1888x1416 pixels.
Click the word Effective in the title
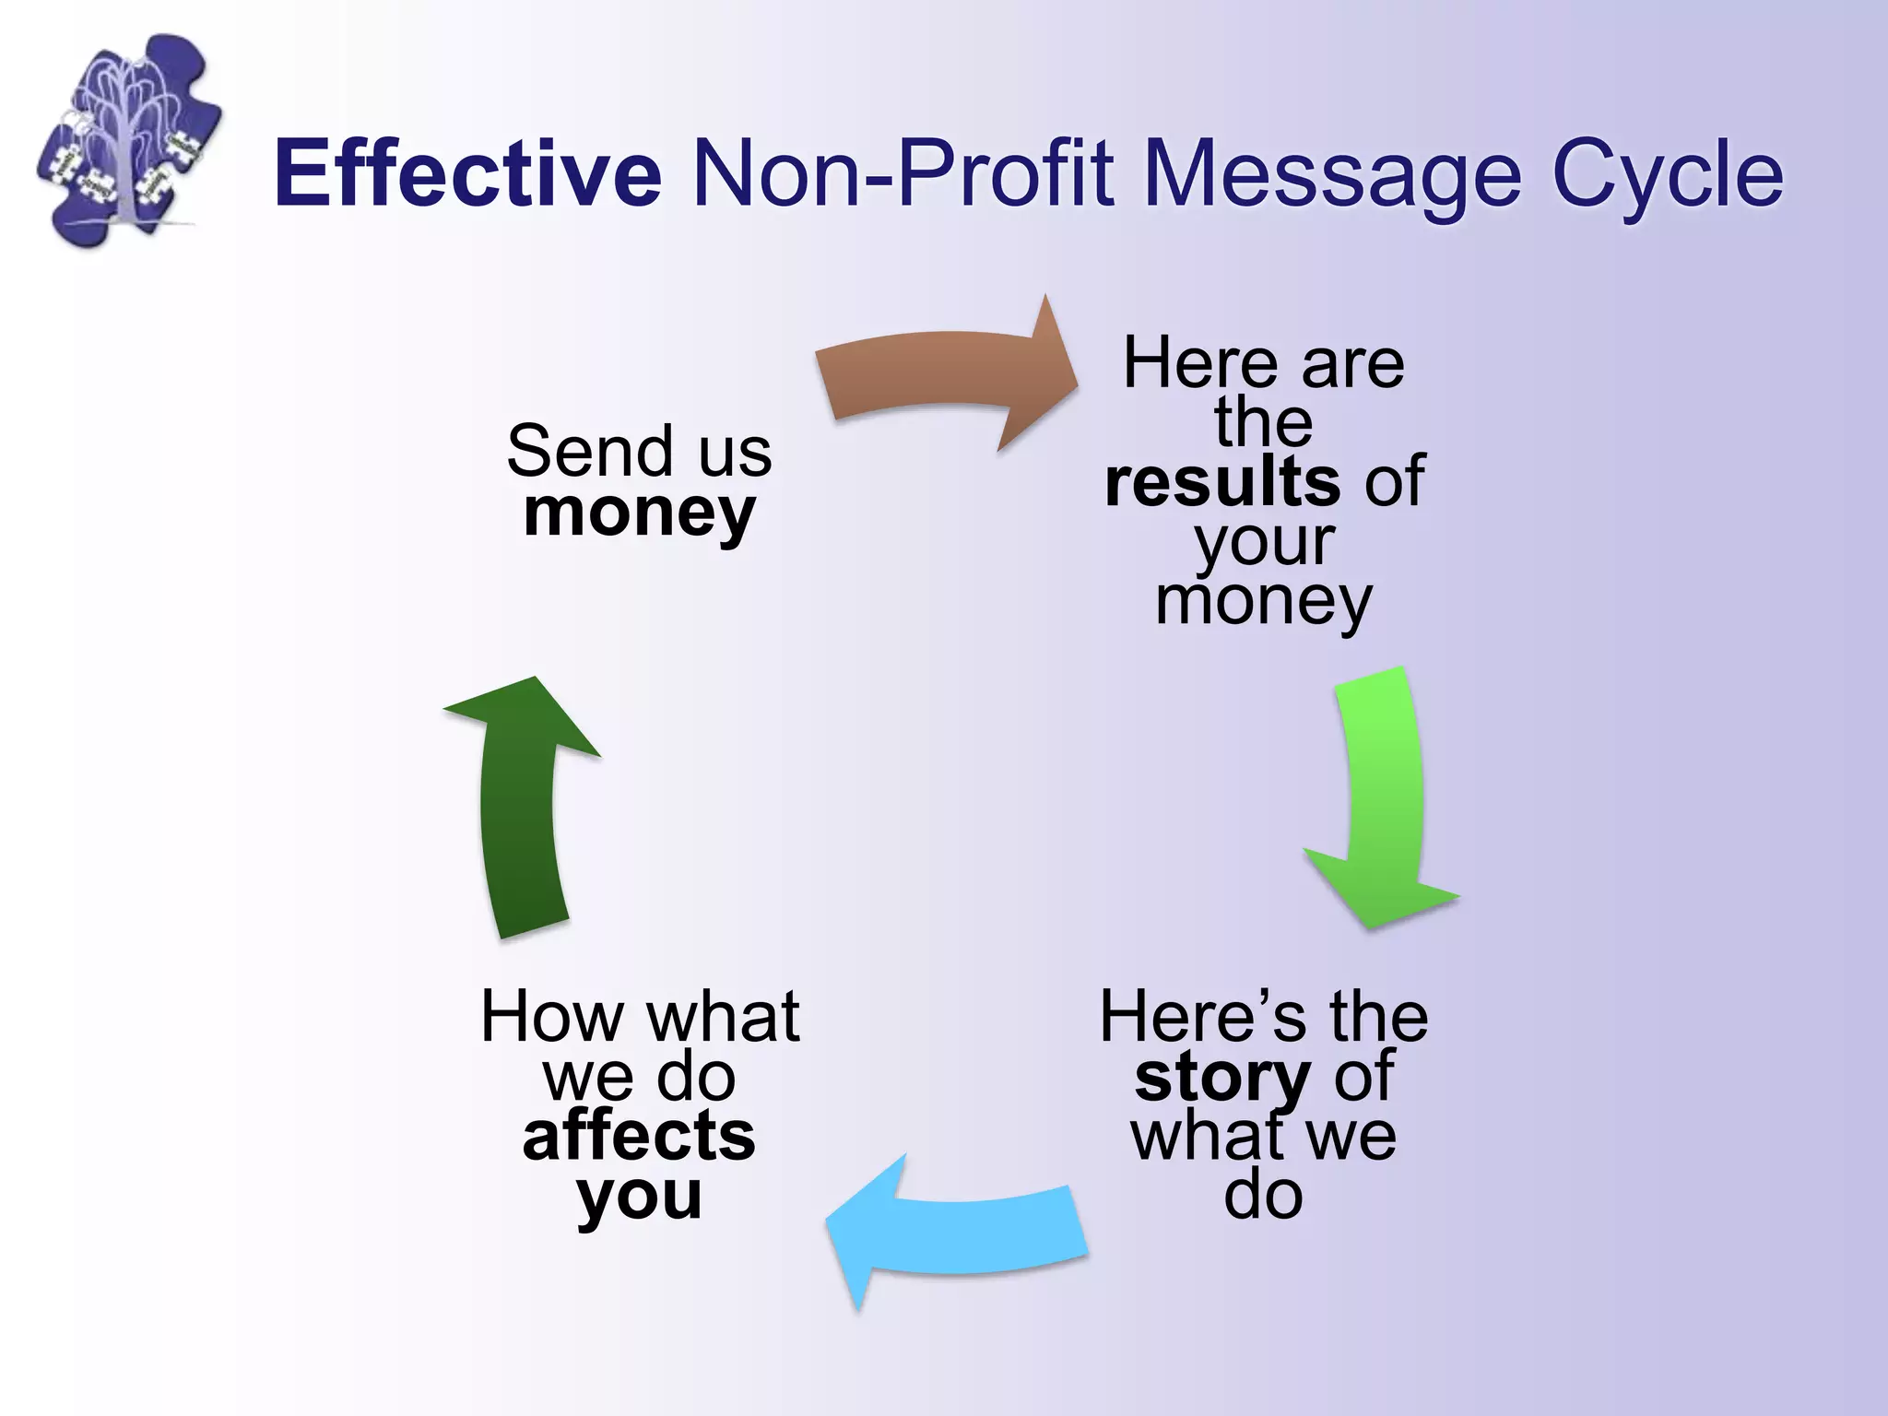467,172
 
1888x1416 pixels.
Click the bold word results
1222,481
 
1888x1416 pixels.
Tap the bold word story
1222,1077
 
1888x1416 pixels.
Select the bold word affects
639,1136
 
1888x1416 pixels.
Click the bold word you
639,1197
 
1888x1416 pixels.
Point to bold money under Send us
639,513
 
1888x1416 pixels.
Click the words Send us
639,451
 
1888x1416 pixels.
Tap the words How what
639,1017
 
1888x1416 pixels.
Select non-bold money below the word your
1263,601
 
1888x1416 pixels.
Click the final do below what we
1263,1195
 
